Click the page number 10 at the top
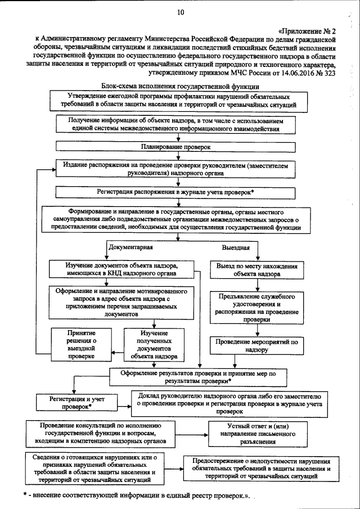click(179, 12)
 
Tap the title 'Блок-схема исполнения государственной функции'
click(180, 87)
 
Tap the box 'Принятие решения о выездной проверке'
click(80, 344)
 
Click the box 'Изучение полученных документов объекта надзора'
click(154, 344)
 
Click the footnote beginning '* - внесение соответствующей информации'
click(136, 494)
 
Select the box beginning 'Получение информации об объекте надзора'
click(179, 124)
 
